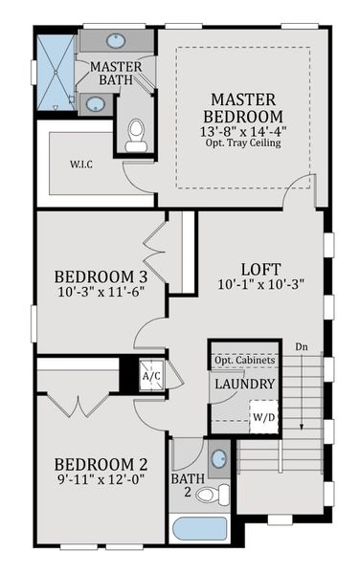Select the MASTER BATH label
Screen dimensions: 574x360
(x=117, y=74)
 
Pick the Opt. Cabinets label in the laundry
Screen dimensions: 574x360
(x=244, y=360)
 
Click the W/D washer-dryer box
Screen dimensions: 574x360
(x=262, y=417)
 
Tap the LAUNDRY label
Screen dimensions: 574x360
(x=244, y=384)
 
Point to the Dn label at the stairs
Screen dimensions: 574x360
(x=301, y=346)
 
